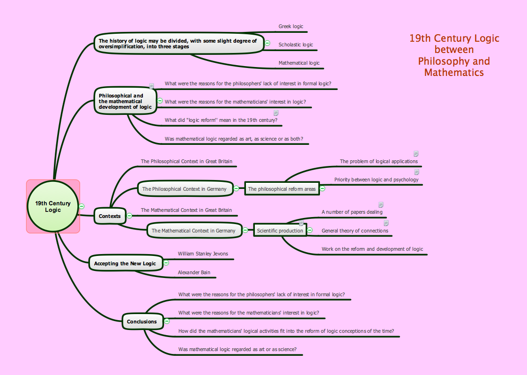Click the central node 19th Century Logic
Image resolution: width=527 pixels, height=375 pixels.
tap(53, 206)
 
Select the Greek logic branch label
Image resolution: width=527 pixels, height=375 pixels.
tap(290, 27)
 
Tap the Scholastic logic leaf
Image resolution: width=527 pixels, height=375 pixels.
tap(296, 45)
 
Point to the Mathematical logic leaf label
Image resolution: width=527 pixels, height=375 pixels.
tap(299, 63)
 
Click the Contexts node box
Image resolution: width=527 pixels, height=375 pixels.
tap(110, 216)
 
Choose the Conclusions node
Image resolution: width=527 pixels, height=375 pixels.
tap(142, 322)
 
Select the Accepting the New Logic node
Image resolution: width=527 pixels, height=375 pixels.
tap(125, 263)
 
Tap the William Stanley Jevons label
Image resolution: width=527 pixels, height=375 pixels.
tap(203, 254)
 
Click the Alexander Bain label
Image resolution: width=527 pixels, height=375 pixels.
tap(194, 272)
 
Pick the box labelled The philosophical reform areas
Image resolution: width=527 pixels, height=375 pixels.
tap(282, 189)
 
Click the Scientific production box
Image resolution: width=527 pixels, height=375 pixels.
tap(280, 231)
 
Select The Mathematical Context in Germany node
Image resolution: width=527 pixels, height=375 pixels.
tap(193, 231)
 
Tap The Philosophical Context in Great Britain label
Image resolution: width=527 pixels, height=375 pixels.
tap(186, 162)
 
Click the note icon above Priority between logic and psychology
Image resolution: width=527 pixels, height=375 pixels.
tap(416, 172)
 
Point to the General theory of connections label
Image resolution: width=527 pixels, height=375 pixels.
tap(355, 231)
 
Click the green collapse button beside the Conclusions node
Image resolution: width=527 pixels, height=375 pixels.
tap(167, 321)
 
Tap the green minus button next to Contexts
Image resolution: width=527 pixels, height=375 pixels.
tap(129, 216)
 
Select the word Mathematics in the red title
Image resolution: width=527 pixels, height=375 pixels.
tap(454, 73)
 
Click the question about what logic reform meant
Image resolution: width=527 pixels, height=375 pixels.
tap(221, 120)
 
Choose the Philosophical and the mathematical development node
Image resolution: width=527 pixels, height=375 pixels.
tap(125, 101)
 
